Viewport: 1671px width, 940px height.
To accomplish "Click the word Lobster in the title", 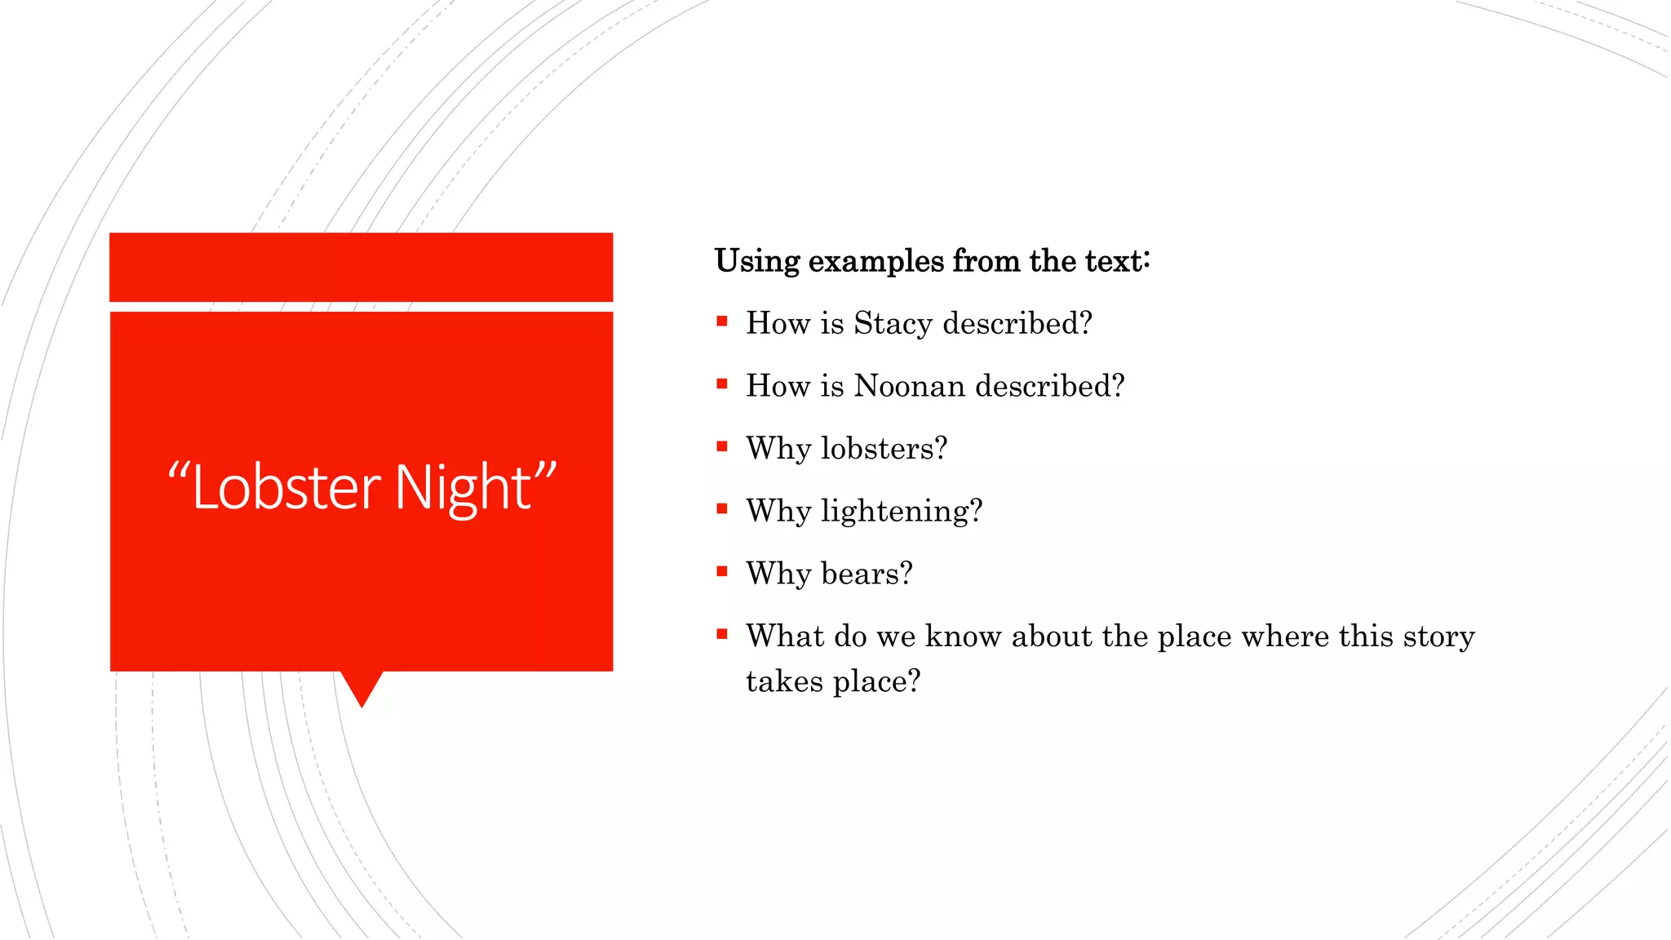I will tap(286, 488).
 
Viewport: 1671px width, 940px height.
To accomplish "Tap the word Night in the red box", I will tap(463, 488).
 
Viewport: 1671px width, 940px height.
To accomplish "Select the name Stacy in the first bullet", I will tap(893, 324).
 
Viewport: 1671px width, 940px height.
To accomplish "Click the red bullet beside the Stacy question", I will tap(722, 321).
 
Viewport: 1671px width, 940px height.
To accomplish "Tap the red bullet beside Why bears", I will tap(722, 572).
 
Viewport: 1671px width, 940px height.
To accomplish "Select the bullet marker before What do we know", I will tap(722, 634).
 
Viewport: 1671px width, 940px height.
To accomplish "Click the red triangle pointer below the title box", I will tap(361, 687).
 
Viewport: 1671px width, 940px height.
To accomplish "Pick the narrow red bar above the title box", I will tap(361, 267).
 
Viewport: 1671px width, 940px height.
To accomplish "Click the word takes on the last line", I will tap(784, 681).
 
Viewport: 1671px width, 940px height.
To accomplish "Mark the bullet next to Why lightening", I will tap(722, 509).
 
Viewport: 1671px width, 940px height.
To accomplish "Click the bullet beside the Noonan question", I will tap(722, 384).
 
